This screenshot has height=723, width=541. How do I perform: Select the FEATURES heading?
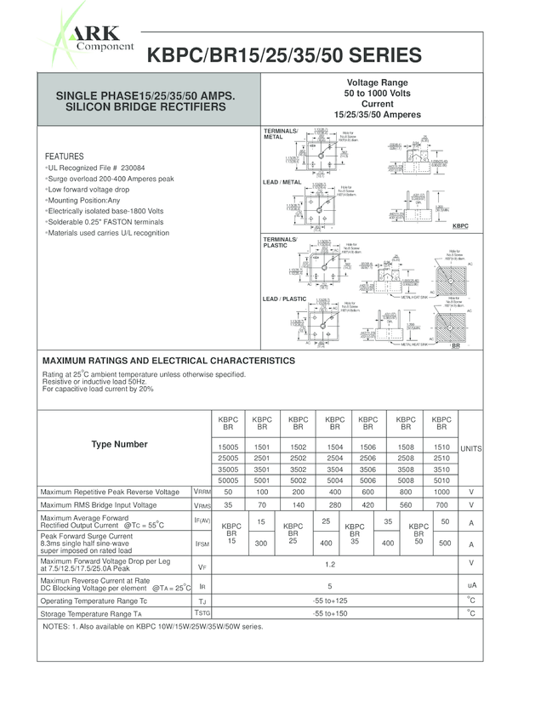coord(64,157)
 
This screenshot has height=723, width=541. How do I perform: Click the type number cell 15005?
coord(228,447)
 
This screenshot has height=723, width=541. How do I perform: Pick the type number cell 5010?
coord(441,480)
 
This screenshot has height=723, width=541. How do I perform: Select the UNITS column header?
coord(470,448)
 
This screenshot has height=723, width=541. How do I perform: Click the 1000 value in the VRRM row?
coord(441,492)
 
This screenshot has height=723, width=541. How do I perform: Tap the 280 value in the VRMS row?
coord(334,504)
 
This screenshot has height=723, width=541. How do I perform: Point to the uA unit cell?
coord(470,586)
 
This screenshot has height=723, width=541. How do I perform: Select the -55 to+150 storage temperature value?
coord(331,612)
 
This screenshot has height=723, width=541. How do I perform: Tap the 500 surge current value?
coord(445,543)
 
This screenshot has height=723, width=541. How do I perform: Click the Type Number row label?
coord(119,444)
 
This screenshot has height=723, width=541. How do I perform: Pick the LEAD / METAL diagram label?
coord(282,182)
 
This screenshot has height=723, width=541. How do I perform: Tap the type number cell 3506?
coord(367,469)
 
